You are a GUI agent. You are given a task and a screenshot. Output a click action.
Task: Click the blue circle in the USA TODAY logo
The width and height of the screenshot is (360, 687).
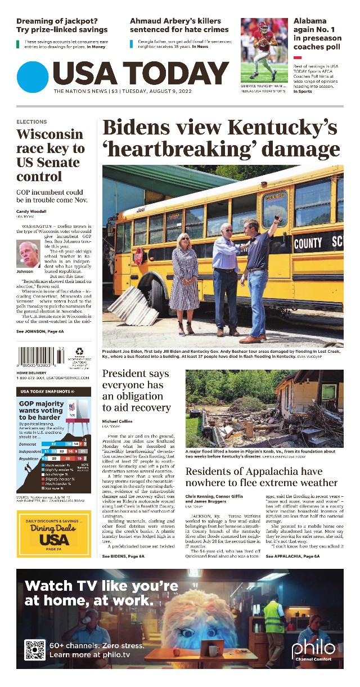(x=33, y=77)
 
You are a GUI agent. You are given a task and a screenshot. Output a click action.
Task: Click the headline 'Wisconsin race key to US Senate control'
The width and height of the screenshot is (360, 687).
(x=51, y=155)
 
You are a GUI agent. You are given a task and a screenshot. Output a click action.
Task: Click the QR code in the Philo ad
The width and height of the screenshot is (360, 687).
(x=35, y=650)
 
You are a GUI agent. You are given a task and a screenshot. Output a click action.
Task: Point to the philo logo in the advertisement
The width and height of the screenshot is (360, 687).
(x=313, y=649)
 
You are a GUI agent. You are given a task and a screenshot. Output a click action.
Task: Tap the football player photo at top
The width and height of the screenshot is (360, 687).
(x=264, y=51)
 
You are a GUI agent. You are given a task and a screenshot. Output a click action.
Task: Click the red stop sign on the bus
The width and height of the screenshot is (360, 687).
(x=138, y=257)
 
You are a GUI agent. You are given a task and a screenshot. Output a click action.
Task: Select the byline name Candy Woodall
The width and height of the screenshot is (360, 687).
(x=31, y=212)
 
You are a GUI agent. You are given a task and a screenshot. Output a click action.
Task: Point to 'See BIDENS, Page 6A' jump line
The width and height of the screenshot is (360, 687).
(x=123, y=556)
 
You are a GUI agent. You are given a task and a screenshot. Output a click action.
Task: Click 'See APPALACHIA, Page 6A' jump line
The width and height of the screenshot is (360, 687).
(x=292, y=556)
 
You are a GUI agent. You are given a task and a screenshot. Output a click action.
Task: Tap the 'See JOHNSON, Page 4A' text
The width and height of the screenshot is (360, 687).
(x=40, y=333)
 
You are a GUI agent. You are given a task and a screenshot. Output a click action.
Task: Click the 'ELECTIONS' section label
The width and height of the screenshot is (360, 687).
(x=31, y=122)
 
